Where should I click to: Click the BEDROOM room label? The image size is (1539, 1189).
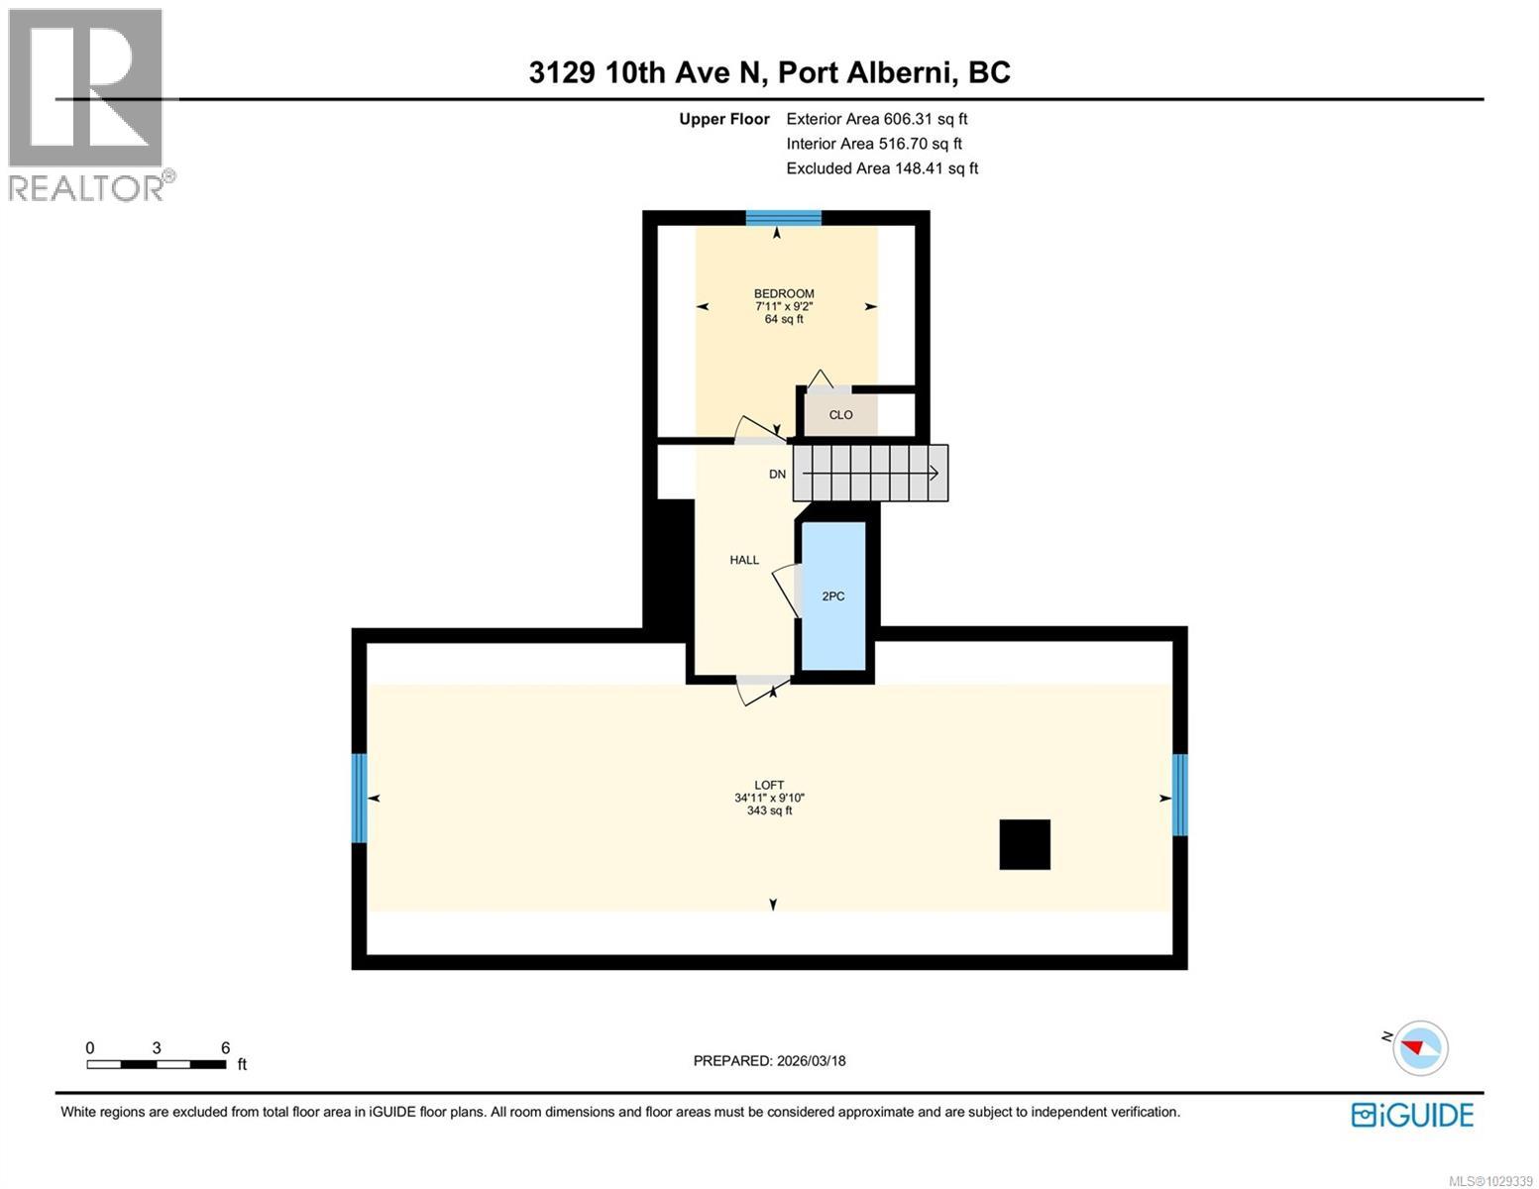(784, 293)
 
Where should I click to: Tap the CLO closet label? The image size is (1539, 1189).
(840, 415)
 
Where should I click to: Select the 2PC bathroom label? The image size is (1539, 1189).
(833, 596)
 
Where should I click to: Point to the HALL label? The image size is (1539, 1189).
(744, 560)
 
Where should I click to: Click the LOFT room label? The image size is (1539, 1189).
(769, 785)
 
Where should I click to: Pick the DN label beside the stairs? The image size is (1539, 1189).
(778, 475)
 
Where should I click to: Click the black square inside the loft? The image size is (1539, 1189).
(1025, 844)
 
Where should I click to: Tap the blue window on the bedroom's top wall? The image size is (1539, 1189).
(783, 218)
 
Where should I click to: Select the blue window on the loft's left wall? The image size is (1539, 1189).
(359, 798)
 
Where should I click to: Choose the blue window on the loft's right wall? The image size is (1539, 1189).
(1179, 795)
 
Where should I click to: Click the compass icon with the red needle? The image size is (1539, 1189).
(1420, 1047)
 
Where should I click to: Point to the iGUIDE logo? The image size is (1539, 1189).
(1412, 1115)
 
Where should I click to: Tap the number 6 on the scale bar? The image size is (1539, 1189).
(225, 1048)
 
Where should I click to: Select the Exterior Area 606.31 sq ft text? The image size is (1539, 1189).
(876, 119)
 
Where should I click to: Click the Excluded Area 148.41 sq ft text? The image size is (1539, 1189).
(882, 168)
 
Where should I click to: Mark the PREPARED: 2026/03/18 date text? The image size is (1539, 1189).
(769, 1061)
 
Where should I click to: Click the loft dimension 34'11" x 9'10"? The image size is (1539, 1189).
(769, 798)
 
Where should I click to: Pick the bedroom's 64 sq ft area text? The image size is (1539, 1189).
(784, 319)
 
